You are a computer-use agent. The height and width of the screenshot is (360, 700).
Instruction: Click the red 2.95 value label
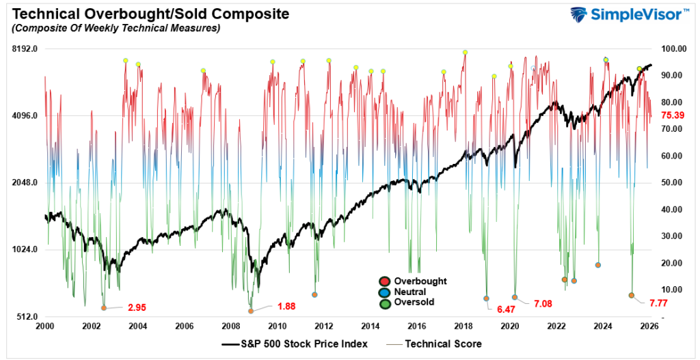coord(137,307)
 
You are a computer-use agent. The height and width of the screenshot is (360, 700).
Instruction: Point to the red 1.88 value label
coord(286,307)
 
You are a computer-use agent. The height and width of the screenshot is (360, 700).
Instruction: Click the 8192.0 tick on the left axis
coord(24,49)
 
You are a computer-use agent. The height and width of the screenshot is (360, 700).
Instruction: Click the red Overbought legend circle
coord(385,281)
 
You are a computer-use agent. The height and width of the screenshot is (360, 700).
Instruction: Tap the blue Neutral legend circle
coord(385,292)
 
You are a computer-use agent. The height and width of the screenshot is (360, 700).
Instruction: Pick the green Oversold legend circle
coord(385,302)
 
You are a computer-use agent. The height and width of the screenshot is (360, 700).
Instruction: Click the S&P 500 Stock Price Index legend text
coord(301,344)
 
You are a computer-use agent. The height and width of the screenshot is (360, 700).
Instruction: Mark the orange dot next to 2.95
coord(104,308)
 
